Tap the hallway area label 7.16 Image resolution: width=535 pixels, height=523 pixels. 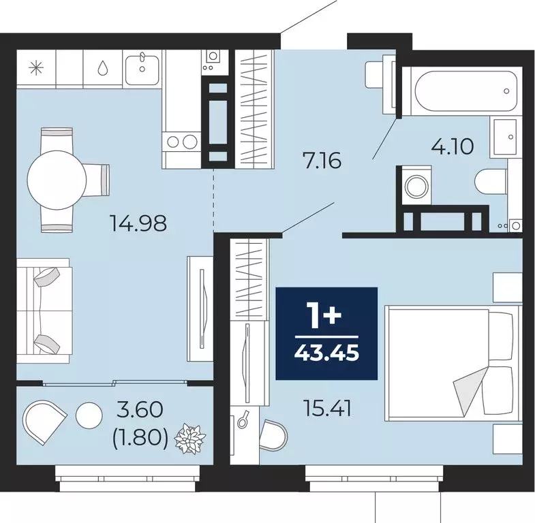click(321, 162)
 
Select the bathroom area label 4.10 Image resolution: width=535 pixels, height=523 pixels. click(452, 146)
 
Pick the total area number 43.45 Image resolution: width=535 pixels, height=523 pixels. click(326, 354)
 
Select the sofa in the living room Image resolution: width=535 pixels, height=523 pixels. click(44, 308)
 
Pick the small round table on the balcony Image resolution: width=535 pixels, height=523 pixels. click(88, 415)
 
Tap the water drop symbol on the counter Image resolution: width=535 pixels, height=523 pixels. click(102, 67)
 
